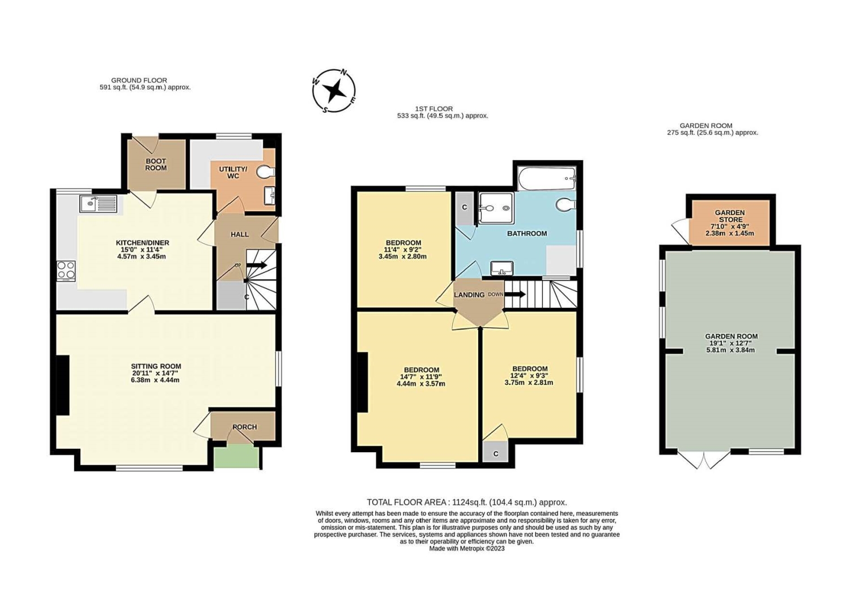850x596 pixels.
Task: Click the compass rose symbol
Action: [x=334, y=91]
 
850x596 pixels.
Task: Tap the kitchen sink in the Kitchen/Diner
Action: [x=99, y=204]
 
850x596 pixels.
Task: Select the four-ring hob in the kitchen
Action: [x=66, y=271]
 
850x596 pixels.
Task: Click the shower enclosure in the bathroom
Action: [x=496, y=208]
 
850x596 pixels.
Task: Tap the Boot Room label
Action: [x=156, y=165]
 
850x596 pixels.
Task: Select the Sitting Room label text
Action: [x=156, y=366]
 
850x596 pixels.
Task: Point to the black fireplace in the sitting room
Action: [x=63, y=385]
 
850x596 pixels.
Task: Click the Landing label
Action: [x=469, y=294]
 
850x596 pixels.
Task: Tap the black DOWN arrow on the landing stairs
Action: [x=515, y=294]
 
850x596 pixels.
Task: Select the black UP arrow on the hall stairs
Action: [x=258, y=265]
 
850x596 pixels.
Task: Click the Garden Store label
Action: [x=730, y=216]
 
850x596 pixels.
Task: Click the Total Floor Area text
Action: [x=467, y=503]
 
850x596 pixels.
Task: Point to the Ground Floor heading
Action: [x=139, y=80]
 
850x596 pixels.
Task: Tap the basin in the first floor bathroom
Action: [x=501, y=268]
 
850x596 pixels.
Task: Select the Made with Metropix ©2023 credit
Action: [x=467, y=548]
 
